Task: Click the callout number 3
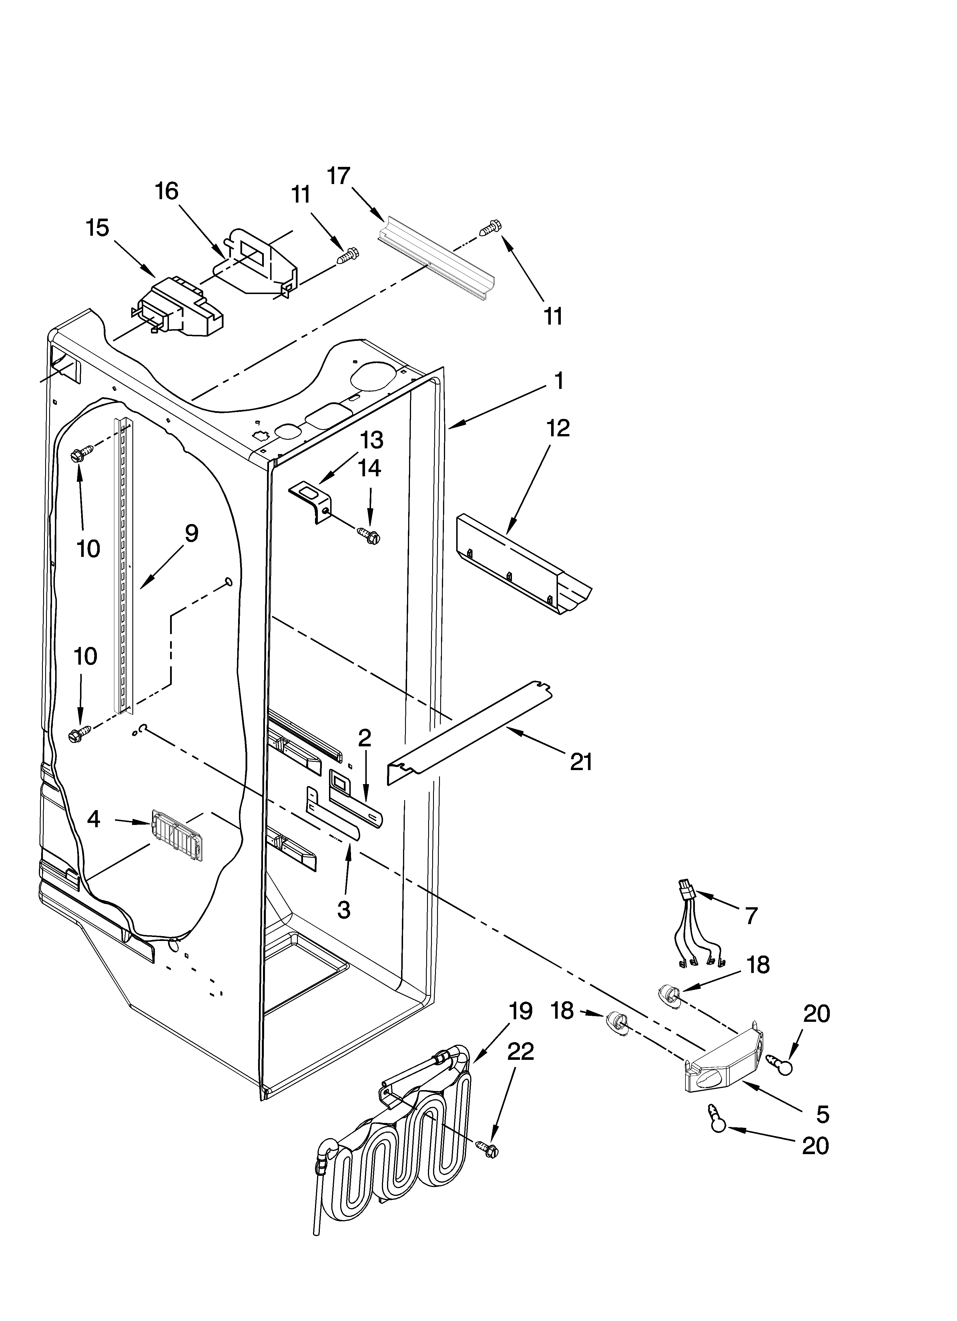tap(344, 909)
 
